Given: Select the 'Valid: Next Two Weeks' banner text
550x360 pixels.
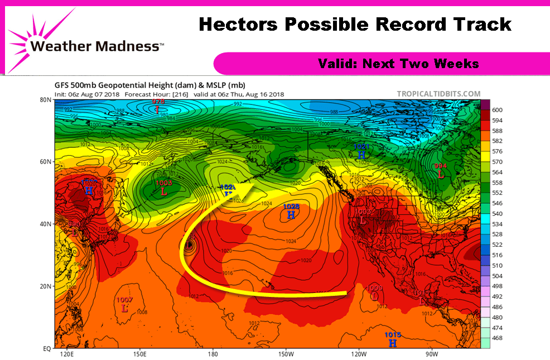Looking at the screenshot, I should pos(398,64).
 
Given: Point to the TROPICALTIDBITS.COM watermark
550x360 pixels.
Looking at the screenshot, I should pos(438,94).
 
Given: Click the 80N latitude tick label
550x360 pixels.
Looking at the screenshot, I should pos(45,100).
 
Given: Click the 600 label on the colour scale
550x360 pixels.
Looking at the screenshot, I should pos(497,111).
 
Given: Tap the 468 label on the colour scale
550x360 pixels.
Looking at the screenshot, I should pos(497,338).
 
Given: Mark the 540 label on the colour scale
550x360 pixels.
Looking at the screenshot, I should pos(497,214).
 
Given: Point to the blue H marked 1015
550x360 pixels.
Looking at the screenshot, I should pos(393,343).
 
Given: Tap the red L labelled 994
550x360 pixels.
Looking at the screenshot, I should pos(441,174).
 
